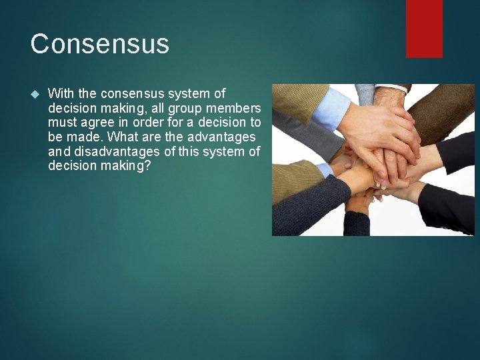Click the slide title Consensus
pyautogui.click(x=100, y=45)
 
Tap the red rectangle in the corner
pyautogui.click(x=424, y=28)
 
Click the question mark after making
pyautogui.click(x=148, y=165)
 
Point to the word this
pyautogui.click(x=198, y=151)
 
